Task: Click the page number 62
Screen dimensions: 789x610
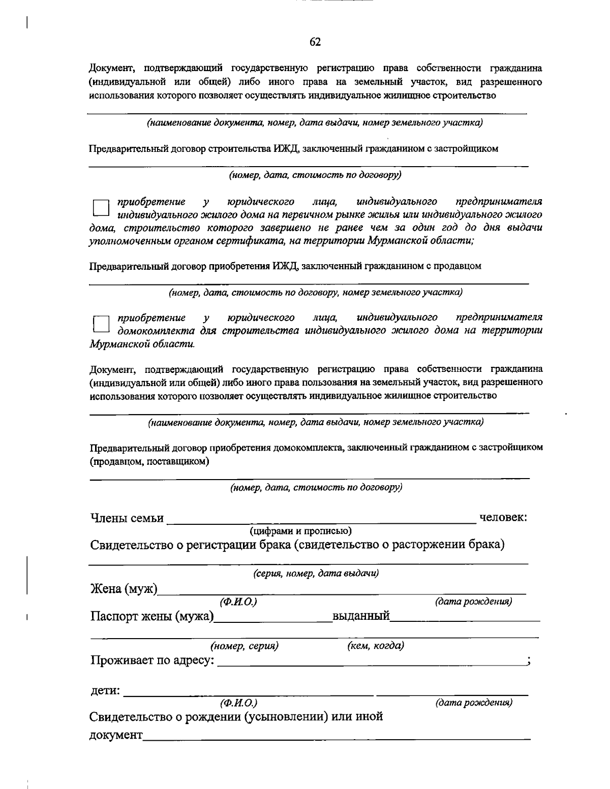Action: (315, 42)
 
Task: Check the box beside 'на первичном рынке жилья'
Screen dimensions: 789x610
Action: (101, 208)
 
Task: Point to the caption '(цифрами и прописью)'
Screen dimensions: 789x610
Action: (300, 531)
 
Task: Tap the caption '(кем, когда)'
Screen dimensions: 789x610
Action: (376, 646)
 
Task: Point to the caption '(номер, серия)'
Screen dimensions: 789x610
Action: (245, 646)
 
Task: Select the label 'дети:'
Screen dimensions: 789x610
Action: (105, 691)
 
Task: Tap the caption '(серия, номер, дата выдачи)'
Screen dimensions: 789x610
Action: (316, 574)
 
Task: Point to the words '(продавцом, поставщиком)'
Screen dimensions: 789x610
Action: (149, 462)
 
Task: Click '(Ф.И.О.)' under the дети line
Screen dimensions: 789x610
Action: (238, 703)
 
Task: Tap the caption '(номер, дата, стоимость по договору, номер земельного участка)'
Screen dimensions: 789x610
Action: (315, 293)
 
